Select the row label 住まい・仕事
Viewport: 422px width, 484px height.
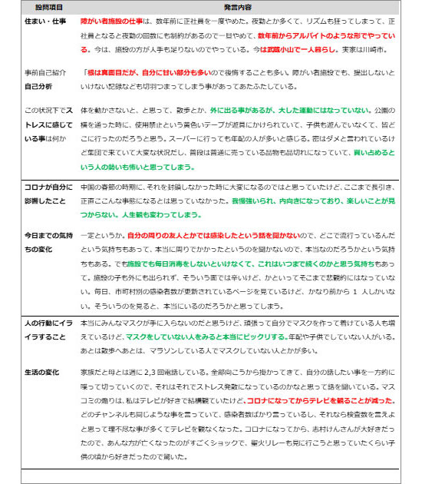click(x=44, y=21)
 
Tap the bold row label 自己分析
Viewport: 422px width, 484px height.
click(x=38, y=86)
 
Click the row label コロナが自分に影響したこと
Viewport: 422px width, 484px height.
click(x=48, y=193)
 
